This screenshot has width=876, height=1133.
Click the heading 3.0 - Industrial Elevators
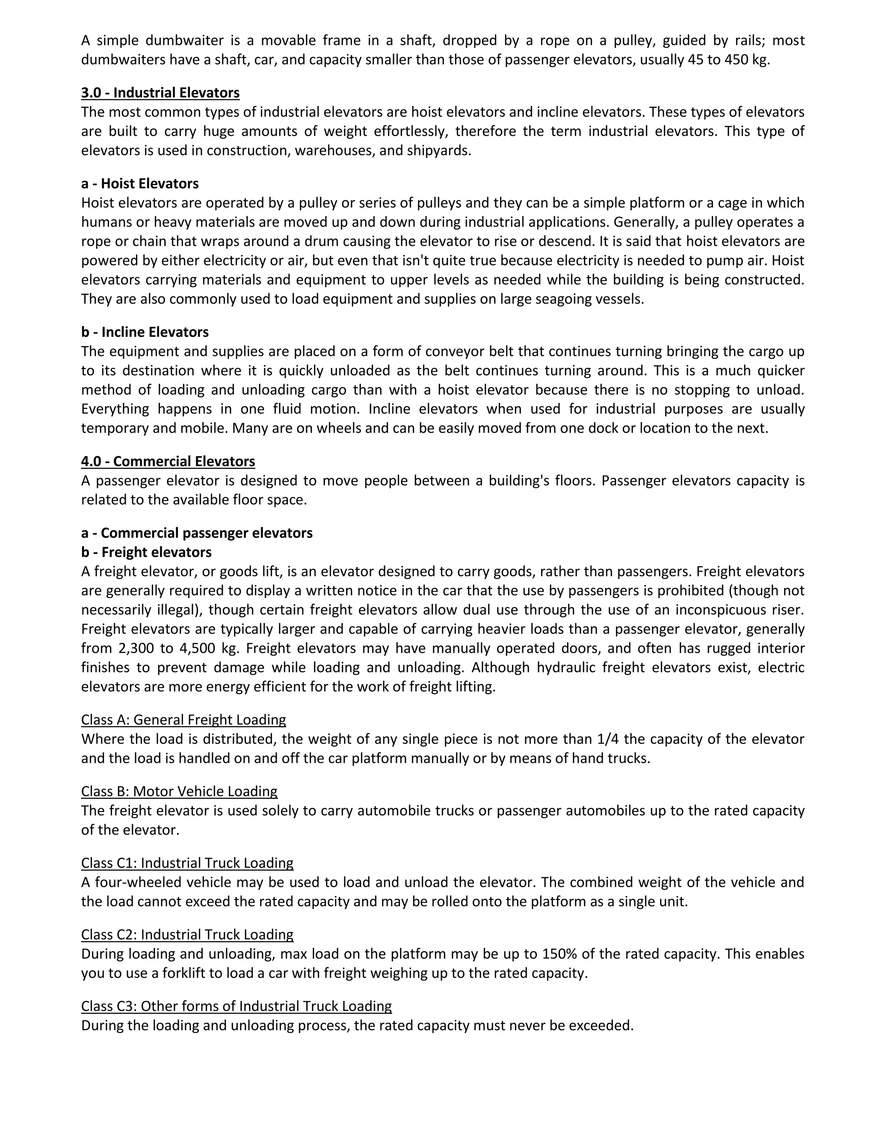coord(160,93)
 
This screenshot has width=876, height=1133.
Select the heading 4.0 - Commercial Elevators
coord(168,461)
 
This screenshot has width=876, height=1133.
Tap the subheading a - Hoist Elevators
coord(139,184)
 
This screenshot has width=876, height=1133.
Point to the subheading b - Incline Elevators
coord(145,332)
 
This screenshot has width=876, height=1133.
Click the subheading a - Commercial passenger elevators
coord(197,533)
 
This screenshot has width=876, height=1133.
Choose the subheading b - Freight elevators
coord(146,552)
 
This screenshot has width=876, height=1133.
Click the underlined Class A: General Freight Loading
coord(183,720)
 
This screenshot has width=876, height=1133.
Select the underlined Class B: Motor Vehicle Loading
coord(179,791)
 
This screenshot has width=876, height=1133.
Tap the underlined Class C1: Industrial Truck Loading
coord(187,863)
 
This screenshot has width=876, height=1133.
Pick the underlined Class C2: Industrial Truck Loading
coord(187,934)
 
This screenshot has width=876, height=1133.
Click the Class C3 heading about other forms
coord(236,1006)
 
